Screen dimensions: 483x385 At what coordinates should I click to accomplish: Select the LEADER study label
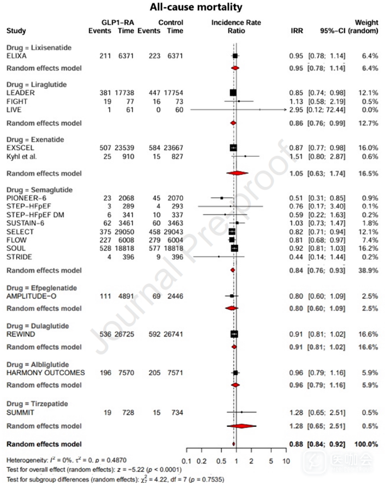pyautogui.click(x=20, y=93)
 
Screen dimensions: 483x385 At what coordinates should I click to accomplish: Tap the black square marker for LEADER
pyautogui.click(x=233, y=92)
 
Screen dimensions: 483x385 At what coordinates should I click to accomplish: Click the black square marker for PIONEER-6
pyautogui.click(x=222, y=198)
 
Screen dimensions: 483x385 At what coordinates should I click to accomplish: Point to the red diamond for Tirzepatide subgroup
pyautogui.click(x=242, y=426)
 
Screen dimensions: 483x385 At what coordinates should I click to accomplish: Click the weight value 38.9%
pyautogui.click(x=369, y=270)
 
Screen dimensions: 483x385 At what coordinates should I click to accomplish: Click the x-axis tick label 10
pyautogui.click(x=286, y=461)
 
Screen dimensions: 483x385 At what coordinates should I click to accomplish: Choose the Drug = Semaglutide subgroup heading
pyautogui.click(x=38, y=190)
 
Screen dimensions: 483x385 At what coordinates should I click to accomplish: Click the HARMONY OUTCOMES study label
pyautogui.click(x=45, y=372)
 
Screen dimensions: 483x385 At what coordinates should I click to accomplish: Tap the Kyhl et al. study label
pyautogui.click(x=21, y=156)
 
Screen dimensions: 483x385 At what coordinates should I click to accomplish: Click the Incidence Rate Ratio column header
pyautogui.click(x=236, y=27)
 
